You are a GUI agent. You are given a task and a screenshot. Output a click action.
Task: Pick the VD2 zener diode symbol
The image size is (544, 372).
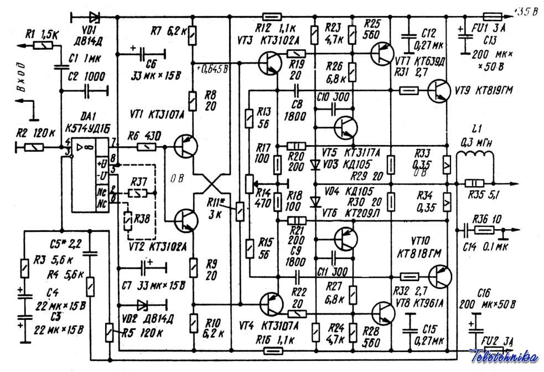point(142,304)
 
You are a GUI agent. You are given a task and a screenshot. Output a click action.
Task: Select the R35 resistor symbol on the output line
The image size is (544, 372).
point(475,183)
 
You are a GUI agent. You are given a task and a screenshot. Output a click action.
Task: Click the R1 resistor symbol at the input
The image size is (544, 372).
point(43,45)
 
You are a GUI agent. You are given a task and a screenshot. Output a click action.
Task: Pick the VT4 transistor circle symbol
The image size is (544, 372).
point(272,304)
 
